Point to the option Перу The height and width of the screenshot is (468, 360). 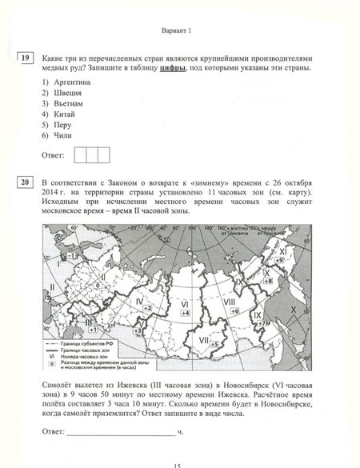(55, 126)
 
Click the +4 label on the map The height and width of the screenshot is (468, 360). (185, 313)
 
